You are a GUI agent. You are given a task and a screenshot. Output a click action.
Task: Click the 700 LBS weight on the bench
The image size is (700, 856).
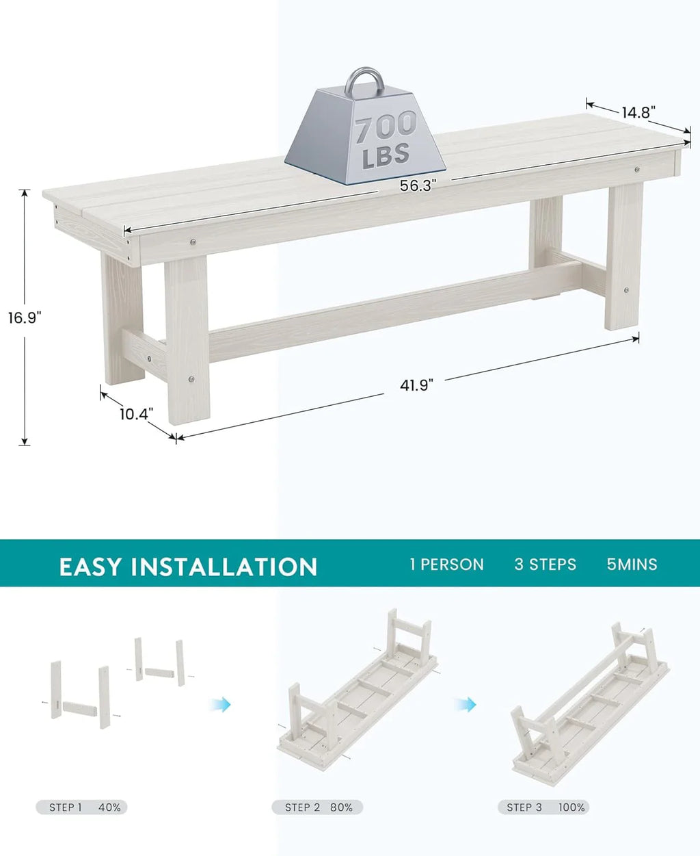[x=365, y=134]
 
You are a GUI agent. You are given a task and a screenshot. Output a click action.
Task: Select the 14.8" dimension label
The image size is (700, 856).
[x=638, y=112]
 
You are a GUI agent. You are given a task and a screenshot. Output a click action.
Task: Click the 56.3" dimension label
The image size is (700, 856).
[x=418, y=185]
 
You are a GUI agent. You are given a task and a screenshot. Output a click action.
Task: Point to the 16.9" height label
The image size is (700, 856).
[x=25, y=317]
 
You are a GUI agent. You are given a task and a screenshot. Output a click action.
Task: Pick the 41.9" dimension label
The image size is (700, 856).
[x=416, y=385]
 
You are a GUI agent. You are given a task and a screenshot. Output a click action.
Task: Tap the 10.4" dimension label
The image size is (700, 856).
[x=136, y=414]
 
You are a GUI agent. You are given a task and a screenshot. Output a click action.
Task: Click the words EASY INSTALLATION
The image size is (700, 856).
[x=188, y=567]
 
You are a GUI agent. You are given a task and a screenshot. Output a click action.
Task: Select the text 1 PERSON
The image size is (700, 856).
[x=447, y=565]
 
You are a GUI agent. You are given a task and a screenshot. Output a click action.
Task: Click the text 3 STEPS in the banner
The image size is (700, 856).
[x=546, y=565]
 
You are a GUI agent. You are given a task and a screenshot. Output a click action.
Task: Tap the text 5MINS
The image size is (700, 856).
[x=632, y=565]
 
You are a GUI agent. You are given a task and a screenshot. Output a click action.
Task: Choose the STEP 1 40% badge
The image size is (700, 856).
[x=81, y=807]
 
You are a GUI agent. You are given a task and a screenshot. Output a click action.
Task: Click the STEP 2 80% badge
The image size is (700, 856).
[x=317, y=807]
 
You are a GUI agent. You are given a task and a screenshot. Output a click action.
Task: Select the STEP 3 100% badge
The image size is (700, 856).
[x=543, y=807]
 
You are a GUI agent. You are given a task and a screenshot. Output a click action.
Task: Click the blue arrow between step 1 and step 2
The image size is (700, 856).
[x=221, y=705]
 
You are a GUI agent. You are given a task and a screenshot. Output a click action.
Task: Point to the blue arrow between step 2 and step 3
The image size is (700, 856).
[x=466, y=705]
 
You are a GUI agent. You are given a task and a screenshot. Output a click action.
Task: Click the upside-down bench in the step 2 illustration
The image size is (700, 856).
[x=357, y=690]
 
